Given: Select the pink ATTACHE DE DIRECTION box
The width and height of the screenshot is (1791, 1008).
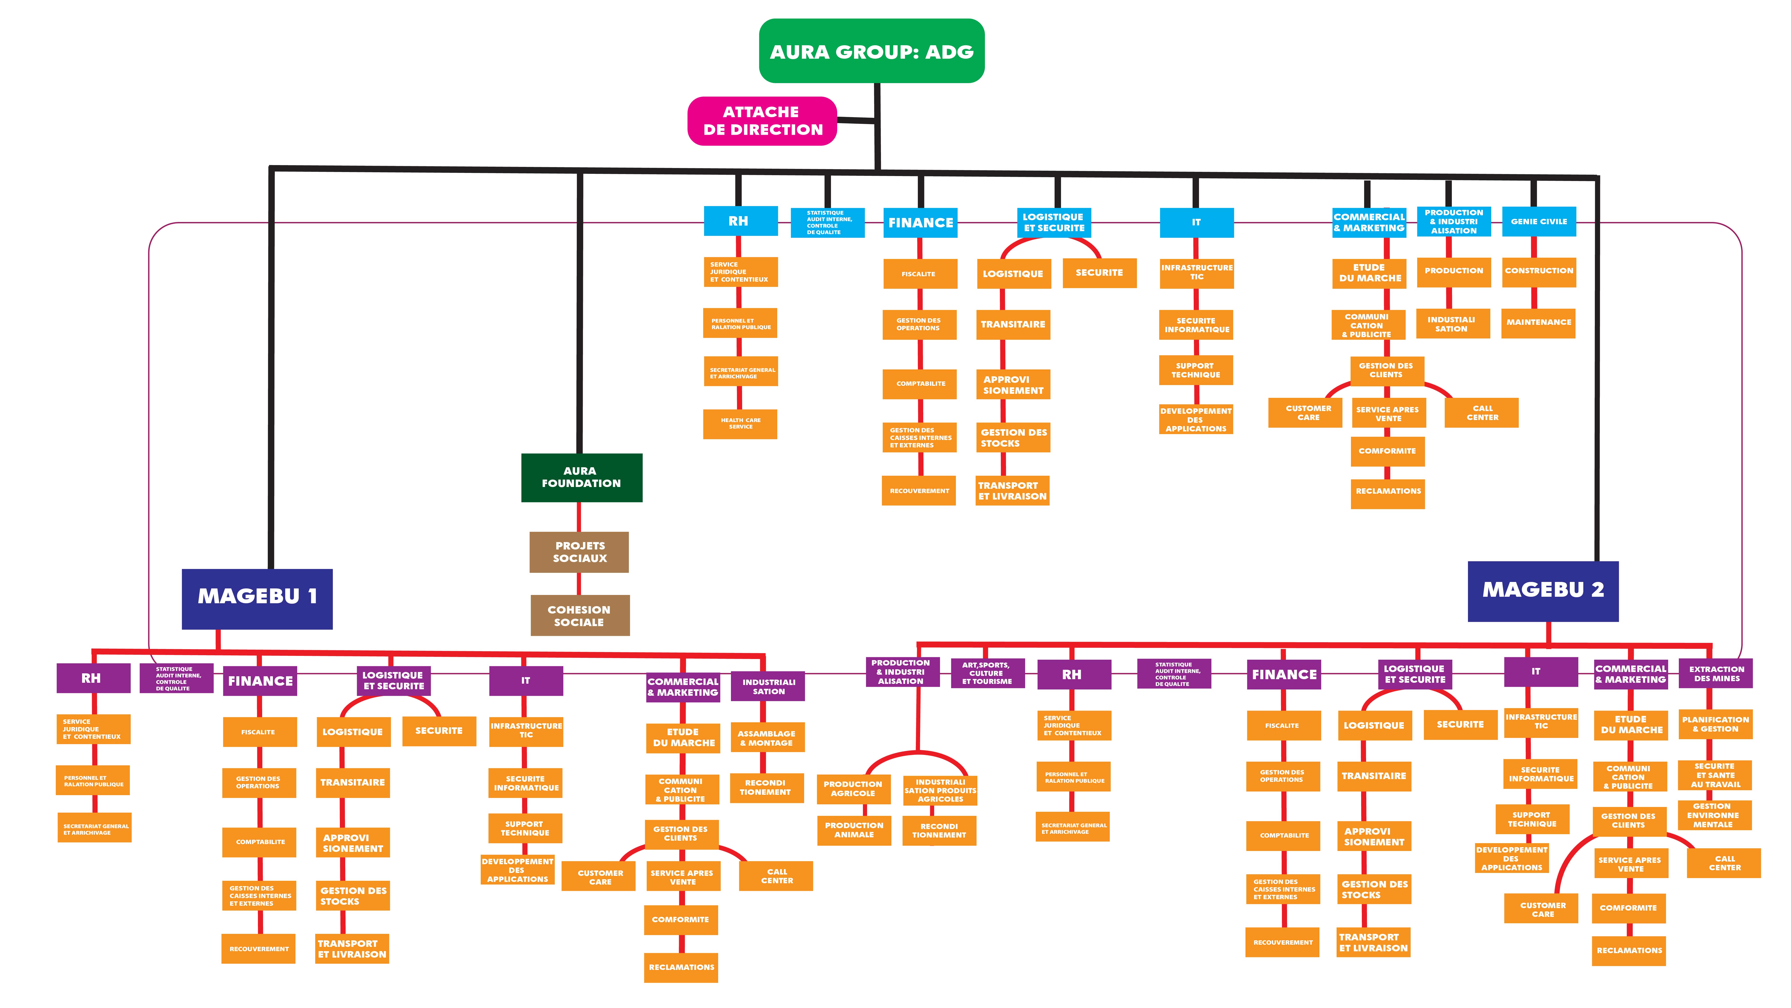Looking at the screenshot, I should pyautogui.click(x=762, y=121).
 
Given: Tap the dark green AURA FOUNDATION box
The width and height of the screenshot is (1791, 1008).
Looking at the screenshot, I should pyautogui.click(x=581, y=477).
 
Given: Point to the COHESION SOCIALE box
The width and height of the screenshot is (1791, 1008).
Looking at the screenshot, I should pyautogui.click(x=579, y=616).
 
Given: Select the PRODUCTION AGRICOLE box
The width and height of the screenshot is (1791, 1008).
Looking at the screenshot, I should pyautogui.click(x=853, y=789).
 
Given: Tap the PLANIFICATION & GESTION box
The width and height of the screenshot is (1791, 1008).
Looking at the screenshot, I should pyautogui.click(x=1715, y=724).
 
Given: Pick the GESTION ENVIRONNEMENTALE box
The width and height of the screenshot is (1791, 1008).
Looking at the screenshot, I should pyautogui.click(x=1713, y=815).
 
